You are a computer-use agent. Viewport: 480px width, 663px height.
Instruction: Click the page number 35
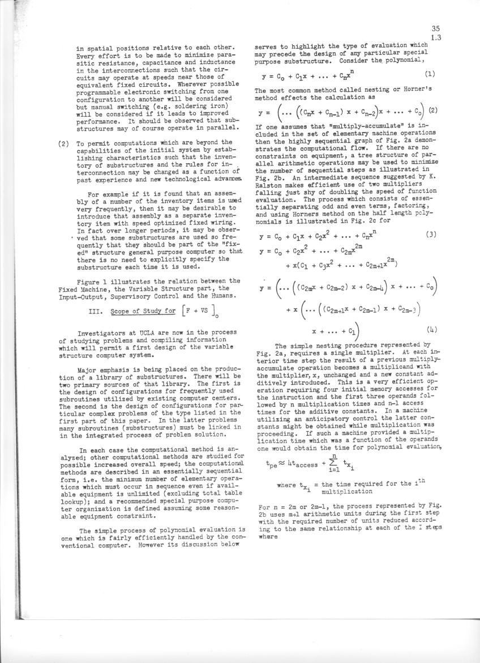[x=435, y=28]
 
